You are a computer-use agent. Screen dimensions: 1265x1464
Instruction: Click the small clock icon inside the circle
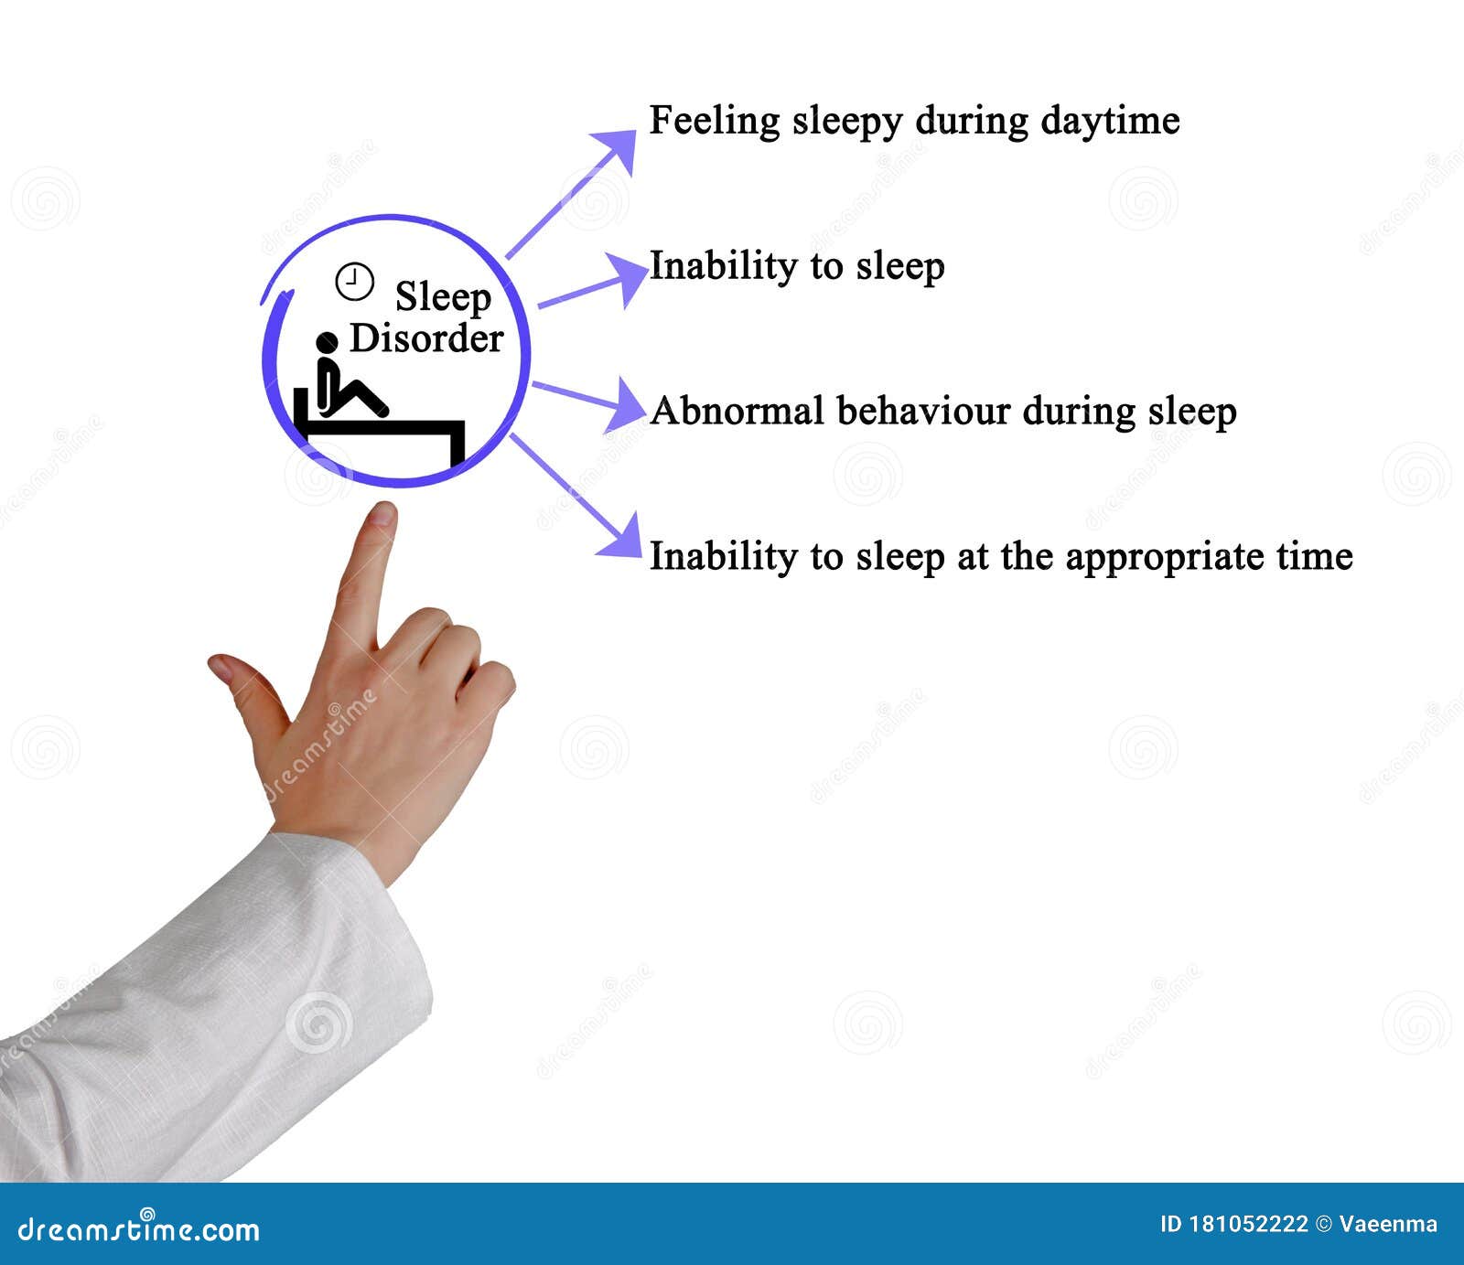[354, 282]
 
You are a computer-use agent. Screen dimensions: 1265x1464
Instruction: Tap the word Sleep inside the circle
[443, 296]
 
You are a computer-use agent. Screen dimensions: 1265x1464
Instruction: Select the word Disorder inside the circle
[426, 338]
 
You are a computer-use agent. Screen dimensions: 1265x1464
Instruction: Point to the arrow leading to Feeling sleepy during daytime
[571, 193]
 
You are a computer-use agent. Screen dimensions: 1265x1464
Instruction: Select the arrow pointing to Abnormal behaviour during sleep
[590, 400]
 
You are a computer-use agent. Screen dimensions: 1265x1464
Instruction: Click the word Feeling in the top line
[714, 122]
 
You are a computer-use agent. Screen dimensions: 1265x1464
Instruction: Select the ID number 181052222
[1248, 1224]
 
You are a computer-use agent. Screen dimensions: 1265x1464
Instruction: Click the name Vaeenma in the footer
[1388, 1224]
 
